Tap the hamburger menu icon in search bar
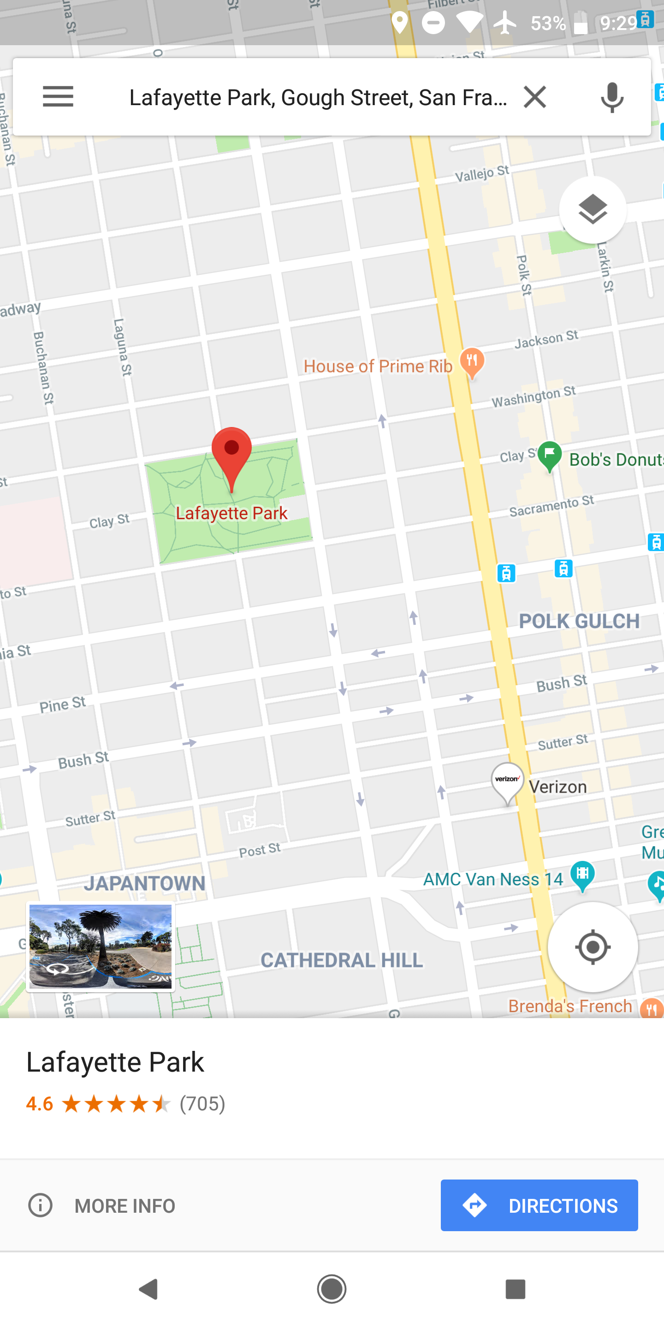click(58, 96)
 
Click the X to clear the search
click(534, 96)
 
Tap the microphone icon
click(612, 97)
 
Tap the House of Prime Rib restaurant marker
click(472, 361)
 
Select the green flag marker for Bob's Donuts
click(550, 456)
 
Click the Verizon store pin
click(507, 782)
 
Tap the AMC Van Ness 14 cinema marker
click(582, 875)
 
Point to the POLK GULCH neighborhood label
click(579, 621)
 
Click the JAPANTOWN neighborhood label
click(145, 883)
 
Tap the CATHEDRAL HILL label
click(341, 960)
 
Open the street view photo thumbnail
click(101, 947)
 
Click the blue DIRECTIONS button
click(539, 1205)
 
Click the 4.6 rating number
click(40, 1104)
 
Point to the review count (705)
click(202, 1104)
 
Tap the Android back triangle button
click(148, 1289)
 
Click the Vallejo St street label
click(481, 174)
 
